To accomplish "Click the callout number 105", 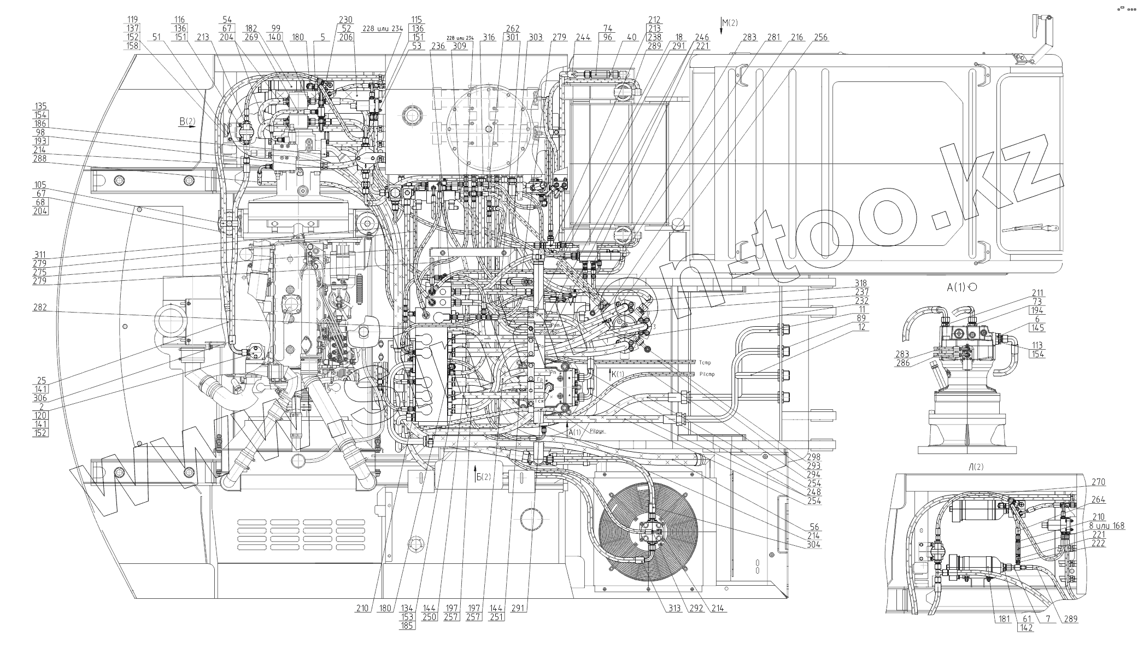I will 40,185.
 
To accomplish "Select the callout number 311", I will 40,255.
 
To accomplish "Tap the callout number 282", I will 40,308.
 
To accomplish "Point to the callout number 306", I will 40,398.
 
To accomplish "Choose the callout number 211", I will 1037,292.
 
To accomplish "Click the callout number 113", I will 1037,345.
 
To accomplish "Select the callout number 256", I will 820,37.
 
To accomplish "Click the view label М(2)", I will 729,23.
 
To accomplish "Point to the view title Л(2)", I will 976,467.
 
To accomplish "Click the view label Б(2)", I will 484,476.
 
